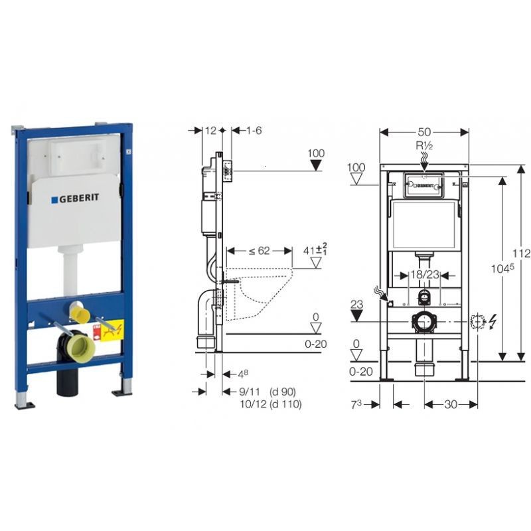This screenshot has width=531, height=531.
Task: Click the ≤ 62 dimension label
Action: (259, 251)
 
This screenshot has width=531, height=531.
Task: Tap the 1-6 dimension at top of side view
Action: (253, 131)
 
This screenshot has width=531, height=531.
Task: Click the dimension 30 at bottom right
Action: (451, 404)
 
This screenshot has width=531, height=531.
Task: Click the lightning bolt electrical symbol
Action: (492, 323)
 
